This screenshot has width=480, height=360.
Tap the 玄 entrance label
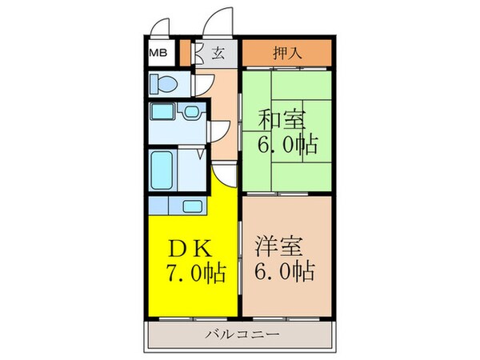point(218,54)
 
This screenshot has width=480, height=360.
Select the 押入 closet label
point(286,54)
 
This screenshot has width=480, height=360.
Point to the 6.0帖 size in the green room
point(286,146)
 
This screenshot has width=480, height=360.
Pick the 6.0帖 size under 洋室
point(284,272)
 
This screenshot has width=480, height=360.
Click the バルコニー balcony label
point(241,334)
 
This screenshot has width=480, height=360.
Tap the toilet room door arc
point(201,82)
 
